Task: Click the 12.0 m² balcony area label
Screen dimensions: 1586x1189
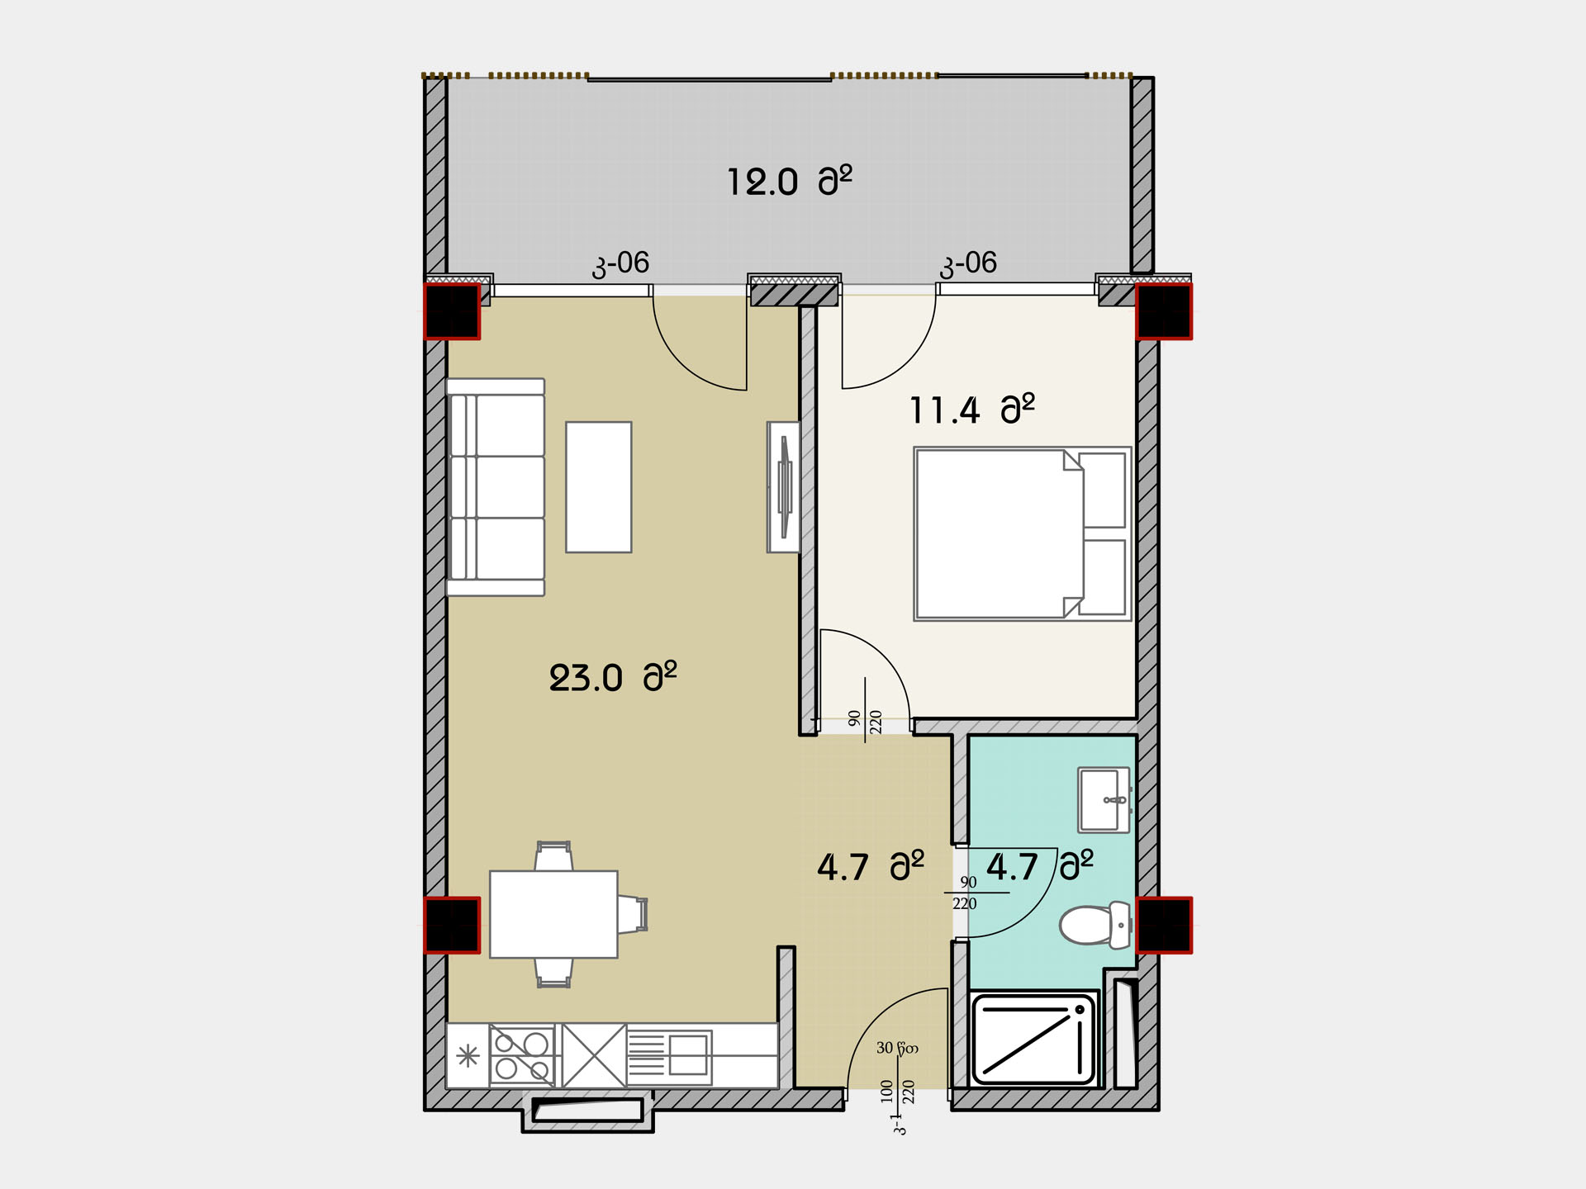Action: (x=789, y=181)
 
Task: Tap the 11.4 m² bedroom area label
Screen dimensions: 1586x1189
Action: (x=971, y=410)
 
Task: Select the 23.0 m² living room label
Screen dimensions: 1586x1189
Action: (x=613, y=678)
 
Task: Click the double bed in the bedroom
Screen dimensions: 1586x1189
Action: (x=1022, y=533)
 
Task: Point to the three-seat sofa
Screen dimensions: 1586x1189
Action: (x=496, y=487)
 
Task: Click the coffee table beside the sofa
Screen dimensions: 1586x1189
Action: (x=599, y=487)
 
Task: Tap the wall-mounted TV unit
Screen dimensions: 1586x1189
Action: (x=783, y=487)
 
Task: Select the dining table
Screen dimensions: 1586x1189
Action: (x=553, y=914)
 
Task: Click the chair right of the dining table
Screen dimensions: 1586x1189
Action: (x=633, y=914)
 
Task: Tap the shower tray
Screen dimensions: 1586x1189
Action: (x=1033, y=1040)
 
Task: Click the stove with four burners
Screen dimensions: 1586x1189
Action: (x=522, y=1055)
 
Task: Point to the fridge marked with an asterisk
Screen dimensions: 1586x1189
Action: (x=468, y=1055)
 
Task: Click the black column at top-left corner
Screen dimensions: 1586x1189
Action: (x=452, y=310)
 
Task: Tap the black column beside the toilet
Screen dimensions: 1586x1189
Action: (x=1164, y=925)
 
